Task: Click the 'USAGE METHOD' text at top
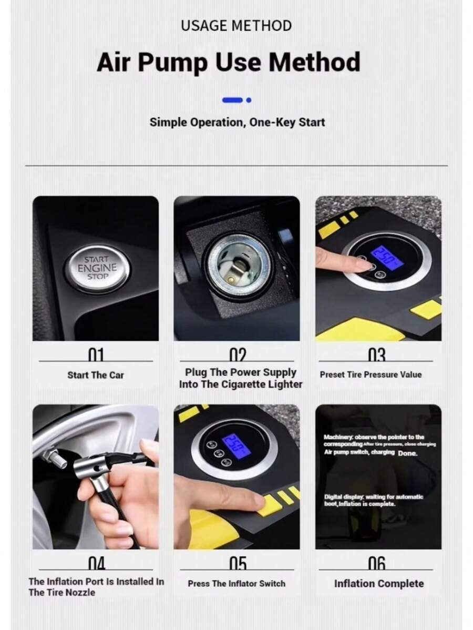click(x=236, y=25)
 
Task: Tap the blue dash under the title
click(x=232, y=99)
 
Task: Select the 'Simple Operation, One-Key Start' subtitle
click(x=237, y=122)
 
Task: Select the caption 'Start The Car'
click(x=96, y=375)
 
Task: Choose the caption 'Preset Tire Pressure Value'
click(x=371, y=374)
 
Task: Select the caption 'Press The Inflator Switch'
click(x=236, y=583)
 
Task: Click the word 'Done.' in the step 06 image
click(x=407, y=453)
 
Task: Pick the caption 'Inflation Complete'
click(x=378, y=583)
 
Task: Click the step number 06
click(x=377, y=563)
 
